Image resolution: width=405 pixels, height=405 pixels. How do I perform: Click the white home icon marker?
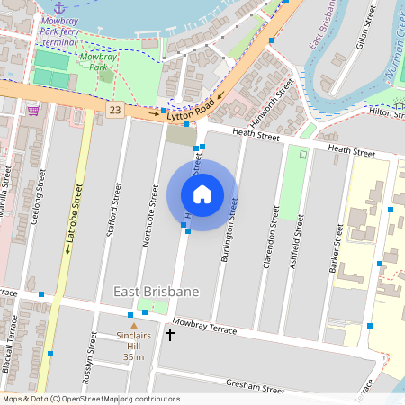(x=202, y=194)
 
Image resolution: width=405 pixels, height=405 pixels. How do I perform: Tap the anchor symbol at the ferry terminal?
(x=60, y=7)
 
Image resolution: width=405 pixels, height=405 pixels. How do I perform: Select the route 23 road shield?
(x=113, y=109)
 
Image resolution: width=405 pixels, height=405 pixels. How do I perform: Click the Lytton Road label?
(x=193, y=105)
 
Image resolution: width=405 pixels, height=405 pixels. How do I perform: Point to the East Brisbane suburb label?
(x=156, y=292)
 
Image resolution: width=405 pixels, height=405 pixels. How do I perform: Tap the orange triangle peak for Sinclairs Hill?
(x=134, y=325)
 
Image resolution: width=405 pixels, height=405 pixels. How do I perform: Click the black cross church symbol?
(x=170, y=335)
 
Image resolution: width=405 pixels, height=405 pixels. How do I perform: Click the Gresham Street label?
(x=256, y=386)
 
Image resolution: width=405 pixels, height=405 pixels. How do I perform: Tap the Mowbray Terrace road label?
(x=204, y=326)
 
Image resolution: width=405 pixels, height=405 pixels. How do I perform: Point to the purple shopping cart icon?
(x=33, y=110)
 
